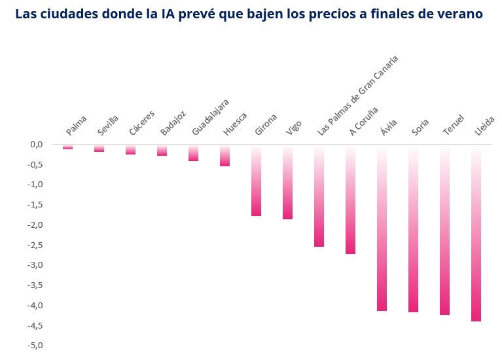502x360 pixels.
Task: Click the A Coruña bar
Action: (x=350, y=199)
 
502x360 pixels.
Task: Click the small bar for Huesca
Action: (x=224, y=155)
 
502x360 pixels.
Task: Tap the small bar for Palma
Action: (x=67, y=147)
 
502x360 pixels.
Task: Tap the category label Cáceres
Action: (x=142, y=122)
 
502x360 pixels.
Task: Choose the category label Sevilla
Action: (x=109, y=124)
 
